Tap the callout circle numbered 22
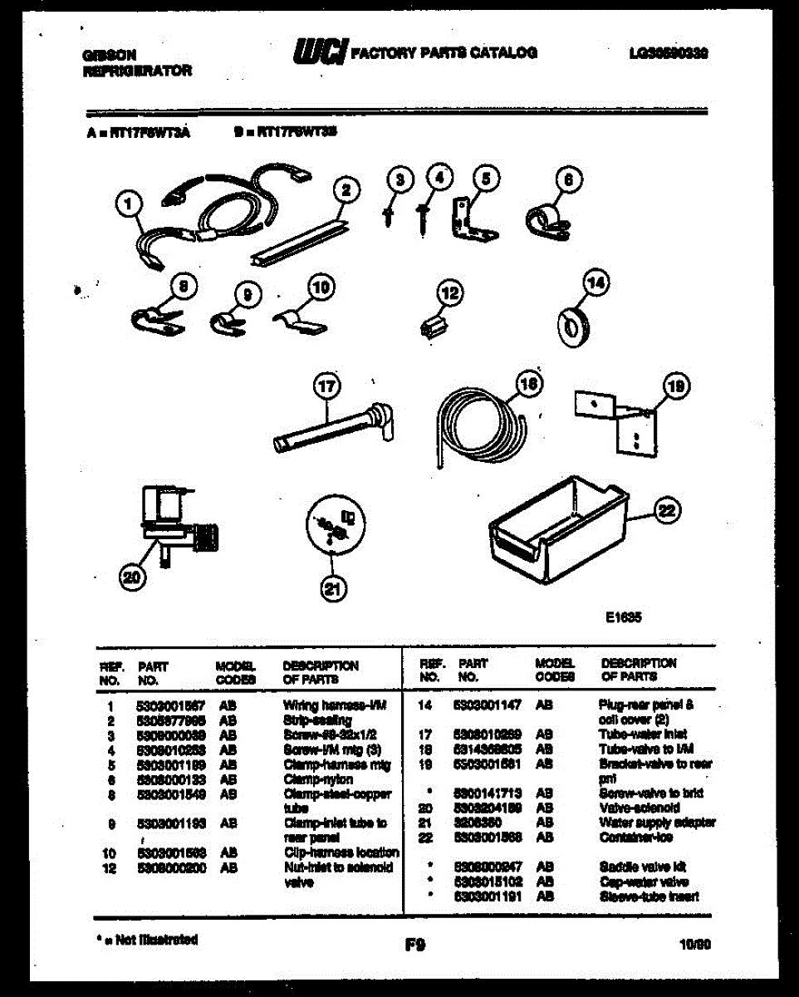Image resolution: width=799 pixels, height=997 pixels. [x=665, y=513]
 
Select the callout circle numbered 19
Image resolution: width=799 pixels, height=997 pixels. [x=676, y=386]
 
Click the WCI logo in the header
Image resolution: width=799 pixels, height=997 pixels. [x=320, y=52]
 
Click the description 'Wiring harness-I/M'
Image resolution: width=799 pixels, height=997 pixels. [x=325, y=705]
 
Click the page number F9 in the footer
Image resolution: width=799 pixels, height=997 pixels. [x=415, y=944]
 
